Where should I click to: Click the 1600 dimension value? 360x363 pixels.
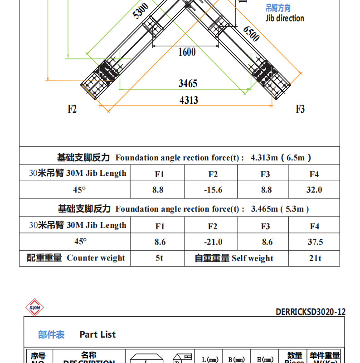coord(187,52)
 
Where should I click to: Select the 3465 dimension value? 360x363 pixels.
coord(188,83)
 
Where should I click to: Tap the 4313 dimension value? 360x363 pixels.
coord(189,100)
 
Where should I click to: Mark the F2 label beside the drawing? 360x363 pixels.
coord(72,109)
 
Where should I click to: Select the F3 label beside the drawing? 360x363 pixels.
coord(300,109)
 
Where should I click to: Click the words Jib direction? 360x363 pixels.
coord(285,18)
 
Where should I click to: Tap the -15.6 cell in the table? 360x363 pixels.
coord(213,190)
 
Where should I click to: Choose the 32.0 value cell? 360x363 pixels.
coord(314,190)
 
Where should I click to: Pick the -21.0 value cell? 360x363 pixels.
coord(213,242)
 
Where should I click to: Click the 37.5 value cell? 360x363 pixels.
coord(315,242)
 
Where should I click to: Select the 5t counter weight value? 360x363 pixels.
coord(159,258)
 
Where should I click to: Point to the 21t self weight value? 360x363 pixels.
coord(315,258)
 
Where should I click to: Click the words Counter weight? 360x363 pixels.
coord(96,258)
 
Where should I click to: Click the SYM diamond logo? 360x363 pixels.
coord(34,308)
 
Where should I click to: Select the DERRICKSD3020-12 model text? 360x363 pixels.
coord(311,312)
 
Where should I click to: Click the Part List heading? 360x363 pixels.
coord(97,334)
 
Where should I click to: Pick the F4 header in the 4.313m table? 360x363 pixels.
coord(314,174)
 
